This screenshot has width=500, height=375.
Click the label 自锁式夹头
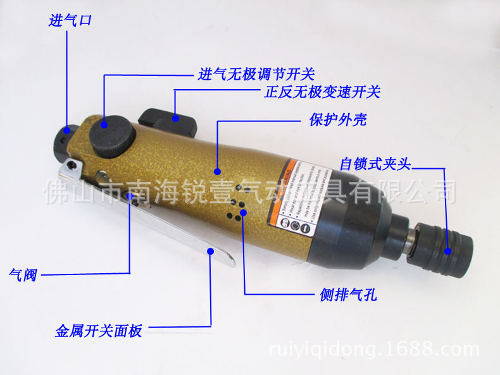pos(375,164)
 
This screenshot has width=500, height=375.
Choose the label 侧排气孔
pos(348,294)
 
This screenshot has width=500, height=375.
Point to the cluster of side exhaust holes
pos(238,206)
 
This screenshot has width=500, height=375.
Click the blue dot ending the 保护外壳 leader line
pos(217,171)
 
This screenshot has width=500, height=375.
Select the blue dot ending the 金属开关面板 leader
pos(209,252)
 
